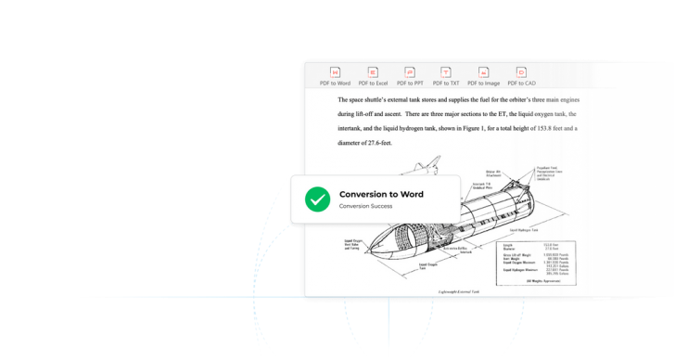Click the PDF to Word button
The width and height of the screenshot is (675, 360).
tap(335, 76)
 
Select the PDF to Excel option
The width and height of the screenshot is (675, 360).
tap(373, 76)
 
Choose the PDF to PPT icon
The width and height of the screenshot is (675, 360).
tap(410, 76)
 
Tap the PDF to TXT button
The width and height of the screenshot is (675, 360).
tap(446, 76)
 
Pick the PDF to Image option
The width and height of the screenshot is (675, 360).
tap(483, 76)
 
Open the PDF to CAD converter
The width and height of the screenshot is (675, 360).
tap(521, 76)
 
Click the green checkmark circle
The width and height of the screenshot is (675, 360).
tap(318, 199)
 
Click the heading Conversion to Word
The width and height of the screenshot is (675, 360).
tap(381, 194)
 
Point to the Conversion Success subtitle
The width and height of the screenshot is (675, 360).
tap(365, 206)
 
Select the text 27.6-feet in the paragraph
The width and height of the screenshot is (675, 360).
tap(377, 143)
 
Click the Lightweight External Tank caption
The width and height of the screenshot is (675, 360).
tap(459, 290)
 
